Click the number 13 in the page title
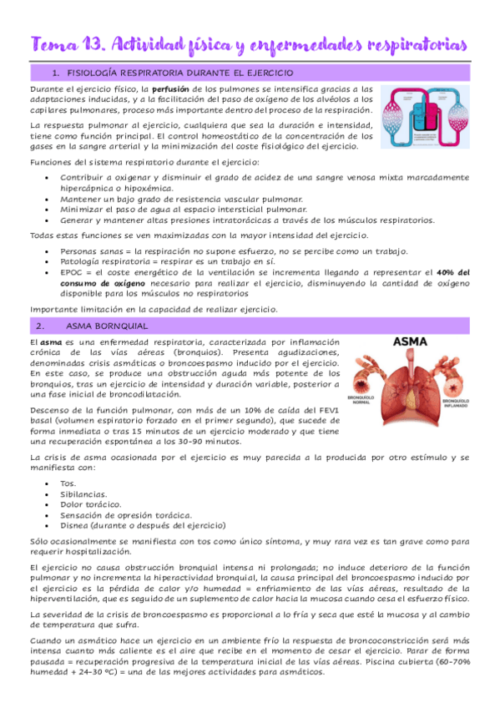coord(94,43)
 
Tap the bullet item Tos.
coord(68,483)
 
